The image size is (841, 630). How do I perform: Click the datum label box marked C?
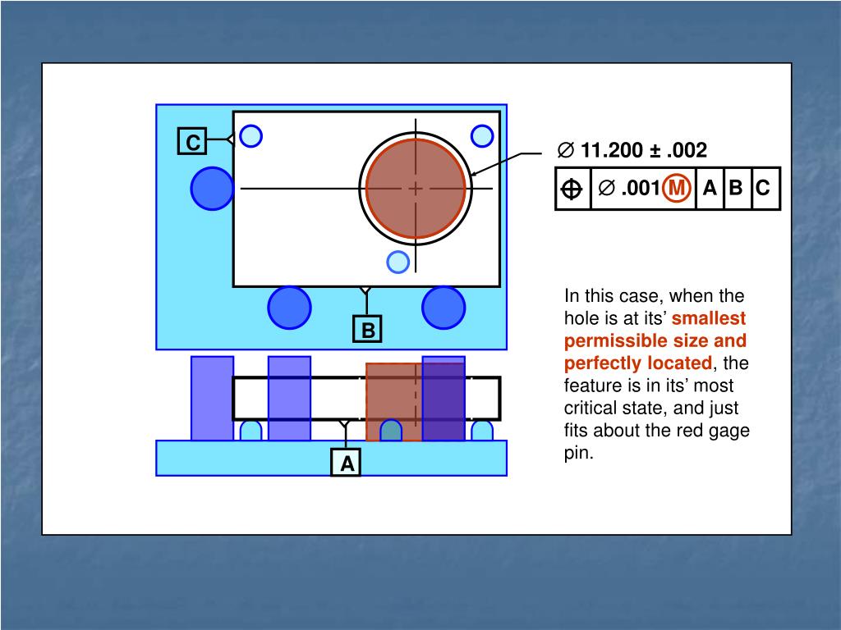click(192, 142)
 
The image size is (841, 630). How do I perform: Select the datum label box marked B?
click(368, 330)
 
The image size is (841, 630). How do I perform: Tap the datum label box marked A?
click(347, 463)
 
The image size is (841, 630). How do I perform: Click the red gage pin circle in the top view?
click(416, 188)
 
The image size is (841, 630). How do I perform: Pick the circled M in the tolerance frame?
click(677, 189)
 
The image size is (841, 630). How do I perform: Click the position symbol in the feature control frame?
click(572, 189)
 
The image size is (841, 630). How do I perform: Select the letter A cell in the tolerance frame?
click(710, 189)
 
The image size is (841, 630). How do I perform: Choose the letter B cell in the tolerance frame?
click(736, 189)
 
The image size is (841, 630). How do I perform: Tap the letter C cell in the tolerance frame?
click(763, 189)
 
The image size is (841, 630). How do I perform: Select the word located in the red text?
click(679, 363)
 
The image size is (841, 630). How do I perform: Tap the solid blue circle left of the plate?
click(212, 188)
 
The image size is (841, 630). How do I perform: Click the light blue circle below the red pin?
click(398, 262)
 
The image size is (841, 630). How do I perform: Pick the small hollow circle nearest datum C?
click(250, 135)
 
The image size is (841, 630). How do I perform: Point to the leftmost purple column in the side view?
click(212, 398)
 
